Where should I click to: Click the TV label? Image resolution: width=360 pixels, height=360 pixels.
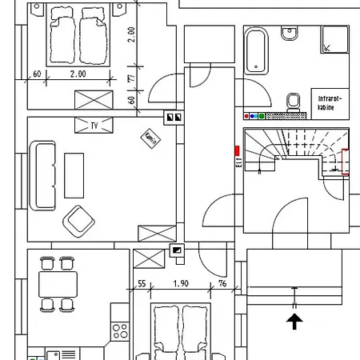(x=94, y=126)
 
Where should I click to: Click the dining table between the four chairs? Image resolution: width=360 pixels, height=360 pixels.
(x=58, y=283)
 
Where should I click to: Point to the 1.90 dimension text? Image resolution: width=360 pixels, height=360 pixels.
(x=181, y=284)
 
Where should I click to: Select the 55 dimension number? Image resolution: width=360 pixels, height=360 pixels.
(x=142, y=284)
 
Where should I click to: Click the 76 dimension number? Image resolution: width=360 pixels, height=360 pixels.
(x=222, y=284)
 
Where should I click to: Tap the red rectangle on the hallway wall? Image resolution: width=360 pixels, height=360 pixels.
(x=237, y=150)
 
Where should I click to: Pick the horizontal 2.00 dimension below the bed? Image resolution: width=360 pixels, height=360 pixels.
(x=78, y=74)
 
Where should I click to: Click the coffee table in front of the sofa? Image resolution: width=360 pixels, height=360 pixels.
(x=74, y=175)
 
